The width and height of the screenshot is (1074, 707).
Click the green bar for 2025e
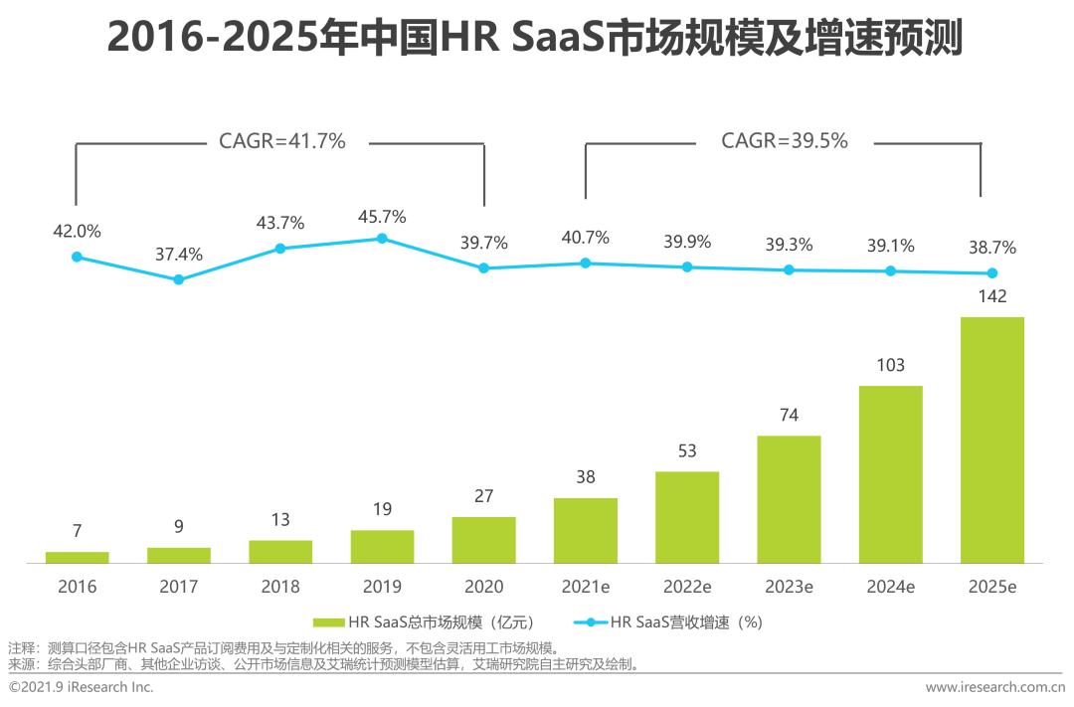[991, 440]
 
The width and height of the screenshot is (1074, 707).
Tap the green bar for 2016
[78, 557]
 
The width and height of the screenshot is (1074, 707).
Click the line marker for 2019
[382, 239]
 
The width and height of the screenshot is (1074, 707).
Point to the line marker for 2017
[179, 279]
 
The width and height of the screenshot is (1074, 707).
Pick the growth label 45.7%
[382, 217]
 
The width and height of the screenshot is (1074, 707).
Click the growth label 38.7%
[991, 248]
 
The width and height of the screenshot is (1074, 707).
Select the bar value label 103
[890, 365]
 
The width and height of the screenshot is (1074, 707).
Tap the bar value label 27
[483, 496]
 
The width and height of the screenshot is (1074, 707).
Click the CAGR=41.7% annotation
[281, 141]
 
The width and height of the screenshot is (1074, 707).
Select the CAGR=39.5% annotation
[784, 141]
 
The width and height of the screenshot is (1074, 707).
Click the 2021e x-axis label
[586, 587]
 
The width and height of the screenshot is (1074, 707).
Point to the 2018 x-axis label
[280, 587]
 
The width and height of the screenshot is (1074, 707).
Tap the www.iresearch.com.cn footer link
[994, 687]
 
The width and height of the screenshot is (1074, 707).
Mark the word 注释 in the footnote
[21, 648]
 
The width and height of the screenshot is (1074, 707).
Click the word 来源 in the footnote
[21, 663]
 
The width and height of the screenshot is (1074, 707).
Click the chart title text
[535, 39]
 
